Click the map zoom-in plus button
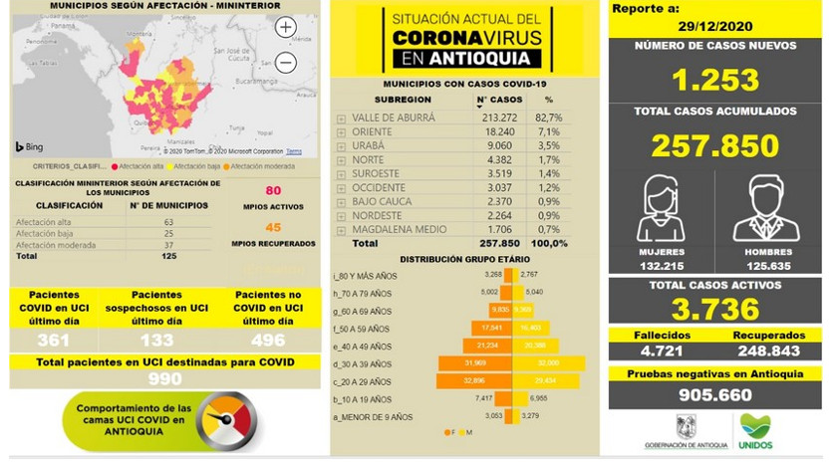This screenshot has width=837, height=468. pyautogui.click(x=286, y=28)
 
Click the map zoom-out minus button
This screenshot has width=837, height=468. pyautogui.click(x=286, y=63)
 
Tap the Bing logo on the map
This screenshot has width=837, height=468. pyautogui.click(x=28, y=147)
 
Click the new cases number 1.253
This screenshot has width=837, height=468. pyautogui.click(x=712, y=80)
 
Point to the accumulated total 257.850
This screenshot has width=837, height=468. pyautogui.click(x=712, y=145)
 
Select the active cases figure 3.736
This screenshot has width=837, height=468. pyautogui.click(x=712, y=308)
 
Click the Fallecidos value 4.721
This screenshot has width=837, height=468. pyautogui.click(x=661, y=351)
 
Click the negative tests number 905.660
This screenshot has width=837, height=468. pyautogui.click(x=712, y=394)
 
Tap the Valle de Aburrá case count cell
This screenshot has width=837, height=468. pyautogui.click(x=497, y=117)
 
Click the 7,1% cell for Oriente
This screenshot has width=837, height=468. pyautogui.click(x=549, y=130)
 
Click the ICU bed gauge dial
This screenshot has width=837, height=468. pyautogui.click(x=221, y=423)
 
